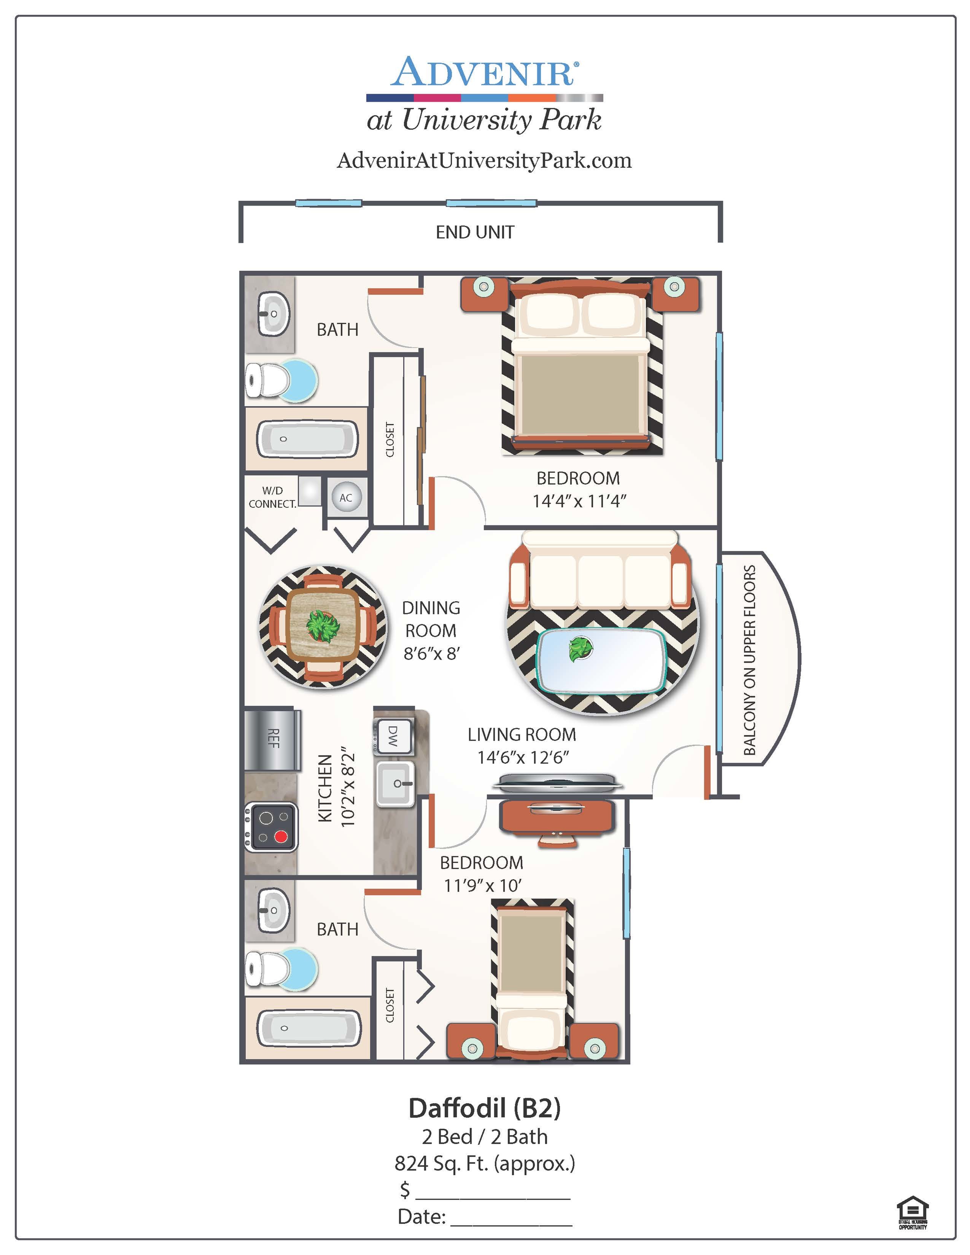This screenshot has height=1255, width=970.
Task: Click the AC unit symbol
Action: tap(346, 498)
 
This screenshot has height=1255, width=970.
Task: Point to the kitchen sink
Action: tap(395, 783)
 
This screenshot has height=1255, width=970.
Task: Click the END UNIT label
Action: tap(475, 232)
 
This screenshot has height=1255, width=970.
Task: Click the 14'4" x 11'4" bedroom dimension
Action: tap(579, 501)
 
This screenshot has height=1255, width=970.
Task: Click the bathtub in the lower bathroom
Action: tap(308, 1028)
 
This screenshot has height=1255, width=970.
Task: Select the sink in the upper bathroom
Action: tap(273, 314)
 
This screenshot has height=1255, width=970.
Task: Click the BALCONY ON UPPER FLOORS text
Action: tap(749, 660)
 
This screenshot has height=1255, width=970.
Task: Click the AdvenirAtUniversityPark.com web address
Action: tap(484, 160)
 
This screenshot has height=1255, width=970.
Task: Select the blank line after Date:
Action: tap(511, 1225)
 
